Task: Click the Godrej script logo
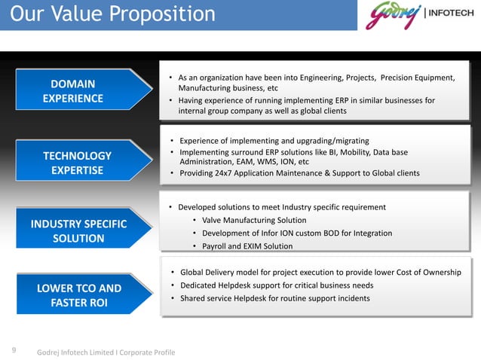pyautogui.click(x=394, y=15)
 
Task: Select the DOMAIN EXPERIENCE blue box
pyautogui.click(x=73, y=90)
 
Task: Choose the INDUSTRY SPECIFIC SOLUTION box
pyautogui.click(x=78, y=231)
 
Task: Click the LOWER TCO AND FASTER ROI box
pyautogui.click(x=78, y=295)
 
